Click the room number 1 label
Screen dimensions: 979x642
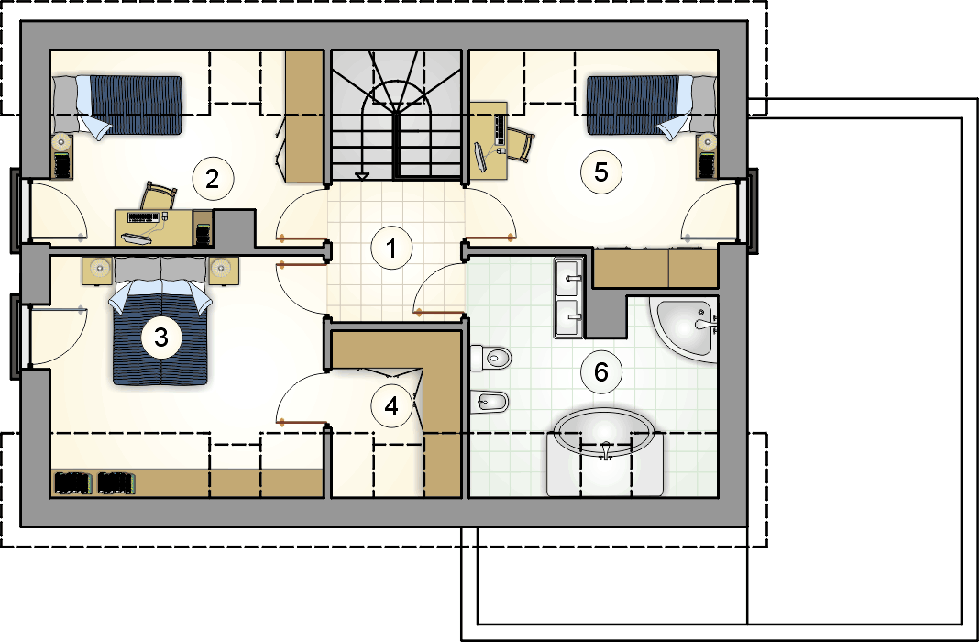(x=391, y=249)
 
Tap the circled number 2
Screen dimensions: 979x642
(x=213, y=179)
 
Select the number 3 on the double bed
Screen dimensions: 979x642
(x=161, y=338)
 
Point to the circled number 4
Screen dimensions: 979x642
(x=391, y=406)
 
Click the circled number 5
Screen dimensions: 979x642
(x=600, y=172)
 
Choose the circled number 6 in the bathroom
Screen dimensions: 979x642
(x=600, y=372)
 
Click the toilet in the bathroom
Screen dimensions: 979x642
(x=490, y=358)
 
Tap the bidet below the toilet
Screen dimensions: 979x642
(x=489, y=402)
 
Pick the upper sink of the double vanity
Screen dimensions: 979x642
(x=568, y=278)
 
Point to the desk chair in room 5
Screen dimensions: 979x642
(x=522, y=144)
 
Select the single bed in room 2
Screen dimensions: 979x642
(x=116, y=105)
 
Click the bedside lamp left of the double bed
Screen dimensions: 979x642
(x=99, y=268)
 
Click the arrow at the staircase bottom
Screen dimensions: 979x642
(x=361, y=176)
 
